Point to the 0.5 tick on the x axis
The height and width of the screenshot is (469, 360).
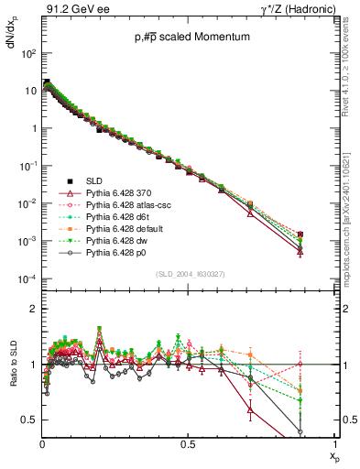189,445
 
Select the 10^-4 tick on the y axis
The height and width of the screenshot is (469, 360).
27,278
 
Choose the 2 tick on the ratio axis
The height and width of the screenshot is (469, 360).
32,309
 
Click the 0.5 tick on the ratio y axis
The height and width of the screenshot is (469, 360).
27,420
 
